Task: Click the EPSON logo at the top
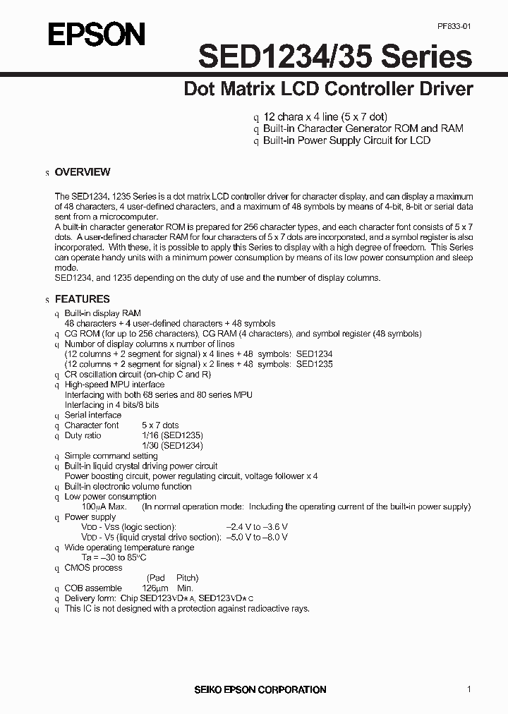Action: (97, 35)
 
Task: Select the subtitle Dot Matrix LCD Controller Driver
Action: (328, 90)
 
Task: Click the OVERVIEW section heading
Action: (83, 172)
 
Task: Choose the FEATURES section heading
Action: (82, 299)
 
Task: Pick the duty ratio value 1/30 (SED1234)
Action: (172, 446)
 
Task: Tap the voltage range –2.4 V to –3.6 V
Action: (257, 527)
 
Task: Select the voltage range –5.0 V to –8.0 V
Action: (257, 537)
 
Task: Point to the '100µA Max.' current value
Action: (104, 507)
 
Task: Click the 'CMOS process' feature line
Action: (93, 568)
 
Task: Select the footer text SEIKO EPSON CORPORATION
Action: (260, 689)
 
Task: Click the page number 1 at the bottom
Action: (469, 689)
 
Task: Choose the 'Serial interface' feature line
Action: (93, 416)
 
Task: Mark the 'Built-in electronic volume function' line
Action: (128, 487)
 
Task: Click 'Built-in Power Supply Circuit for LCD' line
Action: (346, 140)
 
